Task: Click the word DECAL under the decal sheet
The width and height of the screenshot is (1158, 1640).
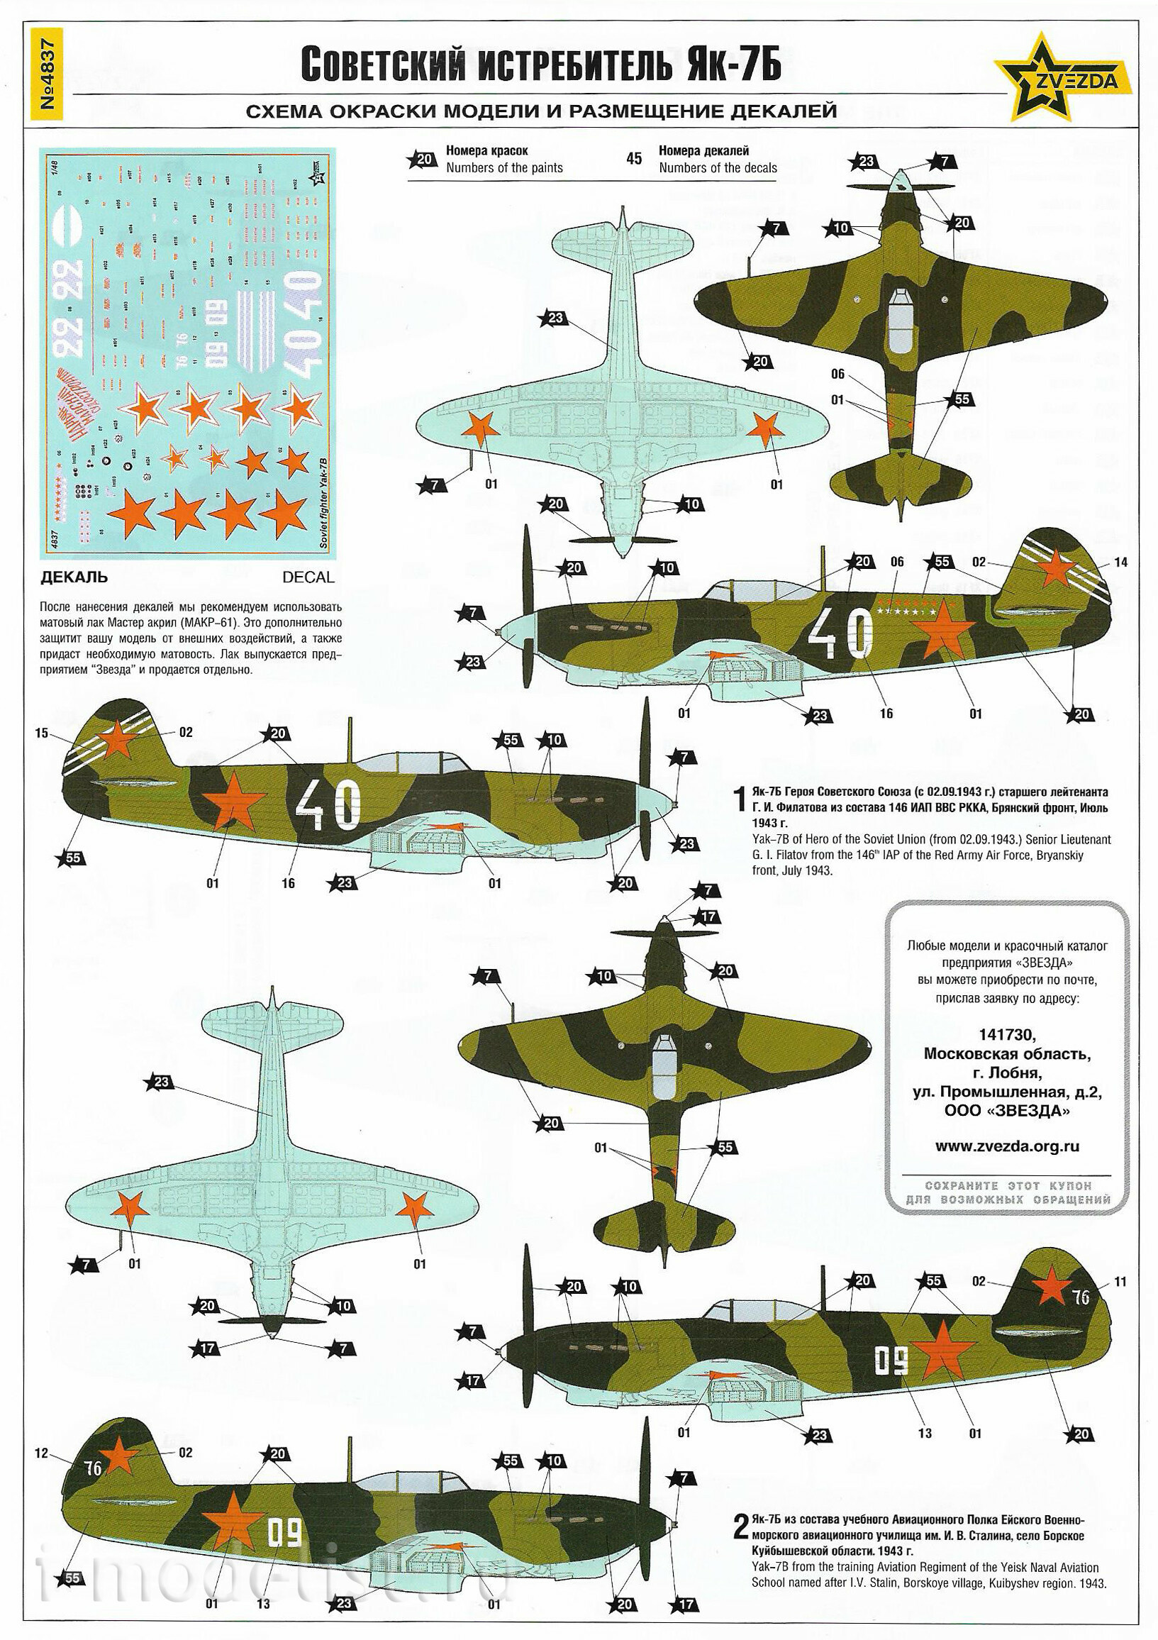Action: [x=308, y=577]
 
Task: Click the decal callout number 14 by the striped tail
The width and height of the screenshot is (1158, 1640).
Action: [x=1120, y=562]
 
